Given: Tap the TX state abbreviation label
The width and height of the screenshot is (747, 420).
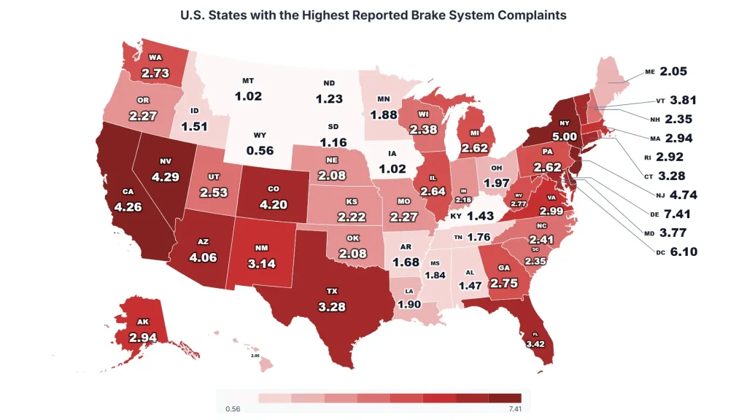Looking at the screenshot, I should click(333, 291).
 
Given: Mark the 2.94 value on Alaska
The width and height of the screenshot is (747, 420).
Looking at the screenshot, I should click(143, 337).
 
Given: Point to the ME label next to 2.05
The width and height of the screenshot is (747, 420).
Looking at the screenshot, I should click(650, 72).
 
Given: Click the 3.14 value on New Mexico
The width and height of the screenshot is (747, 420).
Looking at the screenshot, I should click(261, 263).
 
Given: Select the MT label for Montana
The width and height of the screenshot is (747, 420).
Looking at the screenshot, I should click(248, 81).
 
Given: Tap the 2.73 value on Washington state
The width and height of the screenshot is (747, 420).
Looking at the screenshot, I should click(155, 74).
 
